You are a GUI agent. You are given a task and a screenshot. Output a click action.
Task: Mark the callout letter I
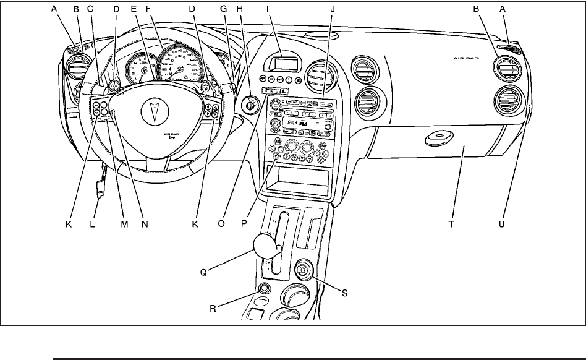click(268, 9)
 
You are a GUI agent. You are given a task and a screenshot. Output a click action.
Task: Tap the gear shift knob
click(267, 246)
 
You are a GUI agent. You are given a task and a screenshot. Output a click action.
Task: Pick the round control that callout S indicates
click(304, 270)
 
